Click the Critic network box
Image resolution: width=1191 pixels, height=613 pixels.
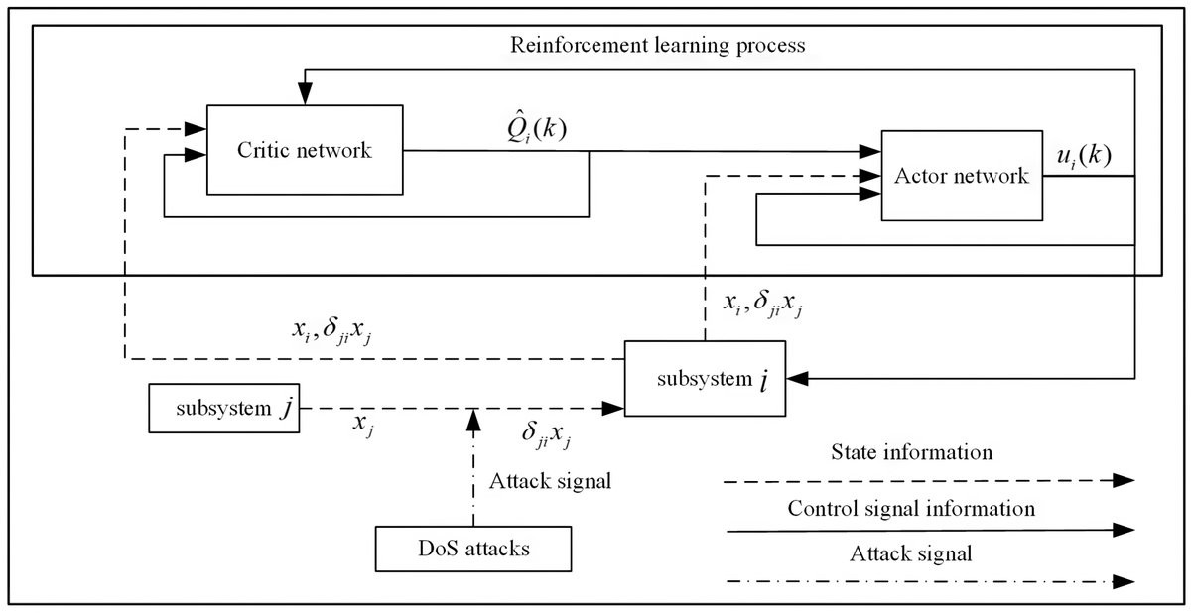pyautogui.click(x=304, y=151)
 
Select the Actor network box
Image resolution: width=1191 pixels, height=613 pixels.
pyautogui.click(x=962, y=176)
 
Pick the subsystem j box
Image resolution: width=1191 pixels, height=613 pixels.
pyautogui.click(x=225, y=409)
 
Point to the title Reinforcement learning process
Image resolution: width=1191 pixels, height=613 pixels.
pyautogui.click(x=657, y=45)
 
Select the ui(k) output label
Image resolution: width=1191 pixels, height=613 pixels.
pyautogui.click(x=1081, y=156)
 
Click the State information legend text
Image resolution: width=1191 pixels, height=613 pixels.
pyautogui.click(x=910, y=453)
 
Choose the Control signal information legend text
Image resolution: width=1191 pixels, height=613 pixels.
pyautogui.click(x=911, y=510)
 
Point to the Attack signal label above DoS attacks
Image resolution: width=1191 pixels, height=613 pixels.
pyautogui.click(x=550, y=483)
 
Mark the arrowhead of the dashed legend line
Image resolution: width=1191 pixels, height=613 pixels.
pyautogui.click(x=1124, y=480)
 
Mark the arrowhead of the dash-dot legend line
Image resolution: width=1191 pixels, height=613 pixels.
pyautogui.click(x=1124, y=579)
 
